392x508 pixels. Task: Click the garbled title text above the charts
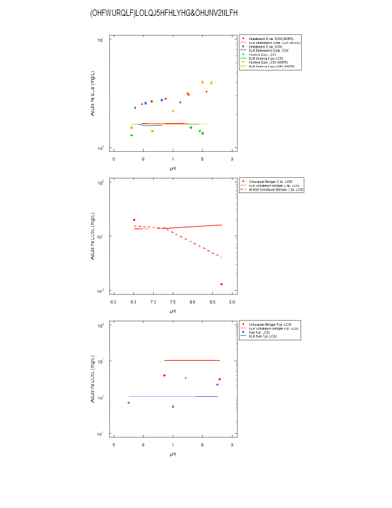point(164,13)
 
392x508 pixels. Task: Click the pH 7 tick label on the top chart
point(173,159)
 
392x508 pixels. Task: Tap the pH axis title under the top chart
point(173,168)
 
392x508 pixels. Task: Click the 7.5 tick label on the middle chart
point(173,302)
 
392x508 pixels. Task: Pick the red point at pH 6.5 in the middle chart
point(134,220)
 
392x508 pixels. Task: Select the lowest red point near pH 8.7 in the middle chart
point(221,284)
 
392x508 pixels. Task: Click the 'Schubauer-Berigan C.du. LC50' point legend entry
point(272,182)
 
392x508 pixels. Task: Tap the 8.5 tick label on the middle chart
point(213,302)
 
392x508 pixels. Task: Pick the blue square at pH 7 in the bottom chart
point(173,406)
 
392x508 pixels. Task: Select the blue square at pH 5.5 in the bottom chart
point(128,403)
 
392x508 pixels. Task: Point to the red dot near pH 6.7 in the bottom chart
point(164,375)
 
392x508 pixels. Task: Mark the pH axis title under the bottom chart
point(173,454)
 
